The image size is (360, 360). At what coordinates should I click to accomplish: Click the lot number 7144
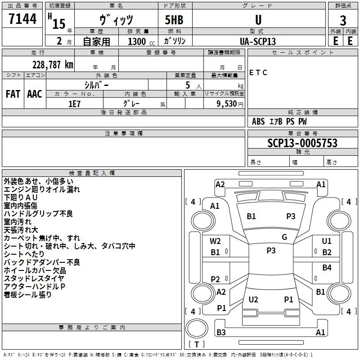[x=22, y=19]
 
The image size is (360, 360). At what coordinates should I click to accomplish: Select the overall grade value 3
[x=343, y=21]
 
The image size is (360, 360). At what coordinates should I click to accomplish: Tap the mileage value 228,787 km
[x=53, y=65]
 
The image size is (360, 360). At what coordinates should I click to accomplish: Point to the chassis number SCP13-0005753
[x=302, y=143]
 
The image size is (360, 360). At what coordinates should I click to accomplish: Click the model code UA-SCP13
[x=257, y=41]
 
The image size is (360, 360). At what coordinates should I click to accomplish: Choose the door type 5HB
[x=174, y=20]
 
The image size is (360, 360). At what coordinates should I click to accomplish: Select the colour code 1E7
[x=74, y=104]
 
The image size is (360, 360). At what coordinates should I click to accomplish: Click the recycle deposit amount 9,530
[x=227, y=104]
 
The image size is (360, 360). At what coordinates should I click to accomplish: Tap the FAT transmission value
[x=13, y=94]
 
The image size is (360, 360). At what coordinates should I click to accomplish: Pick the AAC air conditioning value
[x=35, y=94]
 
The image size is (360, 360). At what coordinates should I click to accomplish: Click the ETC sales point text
[x=258, y=73]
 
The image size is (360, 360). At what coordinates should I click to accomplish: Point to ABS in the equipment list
[x=258, y=121]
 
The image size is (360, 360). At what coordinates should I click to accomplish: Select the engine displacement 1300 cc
[x=141, y=42]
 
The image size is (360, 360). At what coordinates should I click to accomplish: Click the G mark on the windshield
[x=284, y=237]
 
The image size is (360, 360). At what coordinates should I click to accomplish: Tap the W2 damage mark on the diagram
[x=215, y=241]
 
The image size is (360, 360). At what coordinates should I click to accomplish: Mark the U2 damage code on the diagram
[x=253, y=299]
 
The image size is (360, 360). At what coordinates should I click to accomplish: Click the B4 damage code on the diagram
[x=327, y=268]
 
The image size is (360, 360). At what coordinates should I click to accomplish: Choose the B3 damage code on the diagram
[x=221, y=332]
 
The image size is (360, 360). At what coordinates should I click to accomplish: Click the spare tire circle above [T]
[x=197, y=328]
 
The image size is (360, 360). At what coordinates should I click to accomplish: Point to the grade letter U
[x=258, y=20]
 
